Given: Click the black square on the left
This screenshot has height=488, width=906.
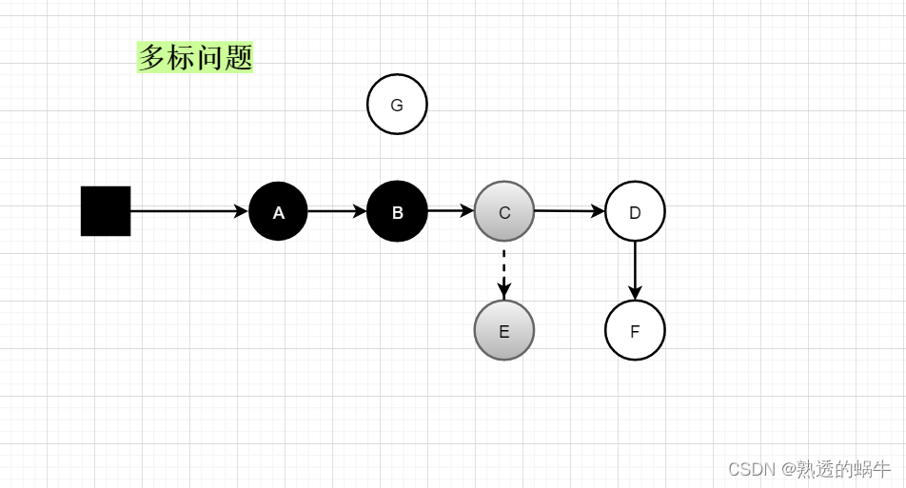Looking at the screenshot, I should pos(106,211).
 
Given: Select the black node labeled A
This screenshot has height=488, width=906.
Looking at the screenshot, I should pos(278,211).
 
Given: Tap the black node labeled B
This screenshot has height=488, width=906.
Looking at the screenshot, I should pos(397,211).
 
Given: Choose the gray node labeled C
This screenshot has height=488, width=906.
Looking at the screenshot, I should pos(504,211).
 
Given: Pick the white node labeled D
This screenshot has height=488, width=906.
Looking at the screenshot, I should pos(635,211).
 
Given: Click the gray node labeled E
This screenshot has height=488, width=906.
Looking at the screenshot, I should pos(504,330).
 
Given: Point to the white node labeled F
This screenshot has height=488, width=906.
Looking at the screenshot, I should pos(635,330).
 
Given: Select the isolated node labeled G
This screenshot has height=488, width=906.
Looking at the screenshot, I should pos(397,105).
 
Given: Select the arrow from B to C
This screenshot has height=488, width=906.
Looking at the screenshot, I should pos(450,210).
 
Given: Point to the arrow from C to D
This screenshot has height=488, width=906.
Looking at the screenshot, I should pos(569,211).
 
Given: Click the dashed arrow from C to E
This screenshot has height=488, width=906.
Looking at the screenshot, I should pos(504,271).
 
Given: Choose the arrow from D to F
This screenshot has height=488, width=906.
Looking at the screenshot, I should pos(635,271).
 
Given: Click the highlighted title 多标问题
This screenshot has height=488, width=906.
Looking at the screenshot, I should pos(195,58).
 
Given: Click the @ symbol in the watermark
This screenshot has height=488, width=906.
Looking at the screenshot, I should pos(789,469).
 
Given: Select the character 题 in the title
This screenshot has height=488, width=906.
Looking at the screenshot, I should pos(239,58).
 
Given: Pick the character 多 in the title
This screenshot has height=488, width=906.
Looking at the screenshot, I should pos(152,58).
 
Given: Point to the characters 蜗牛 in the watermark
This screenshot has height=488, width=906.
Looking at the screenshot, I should pos(873,469).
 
